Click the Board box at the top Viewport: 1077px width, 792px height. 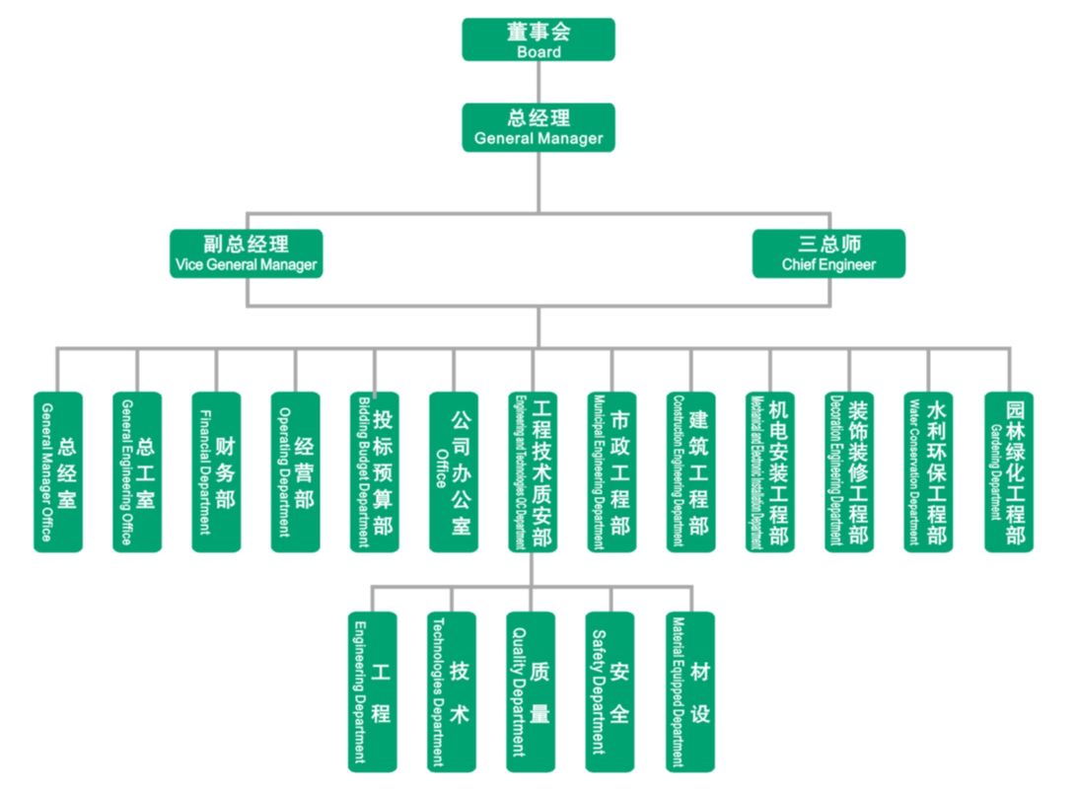pos(538,39)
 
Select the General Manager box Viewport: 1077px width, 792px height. pos(538,127)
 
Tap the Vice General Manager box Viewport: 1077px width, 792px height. pos(246,253)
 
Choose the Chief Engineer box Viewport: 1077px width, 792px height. pos(828,253)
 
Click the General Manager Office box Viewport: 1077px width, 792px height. pos(57,471)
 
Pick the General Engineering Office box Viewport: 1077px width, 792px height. pos(136,471)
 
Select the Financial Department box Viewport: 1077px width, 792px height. pos(216,471)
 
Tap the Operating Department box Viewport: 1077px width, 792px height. pos(295,471)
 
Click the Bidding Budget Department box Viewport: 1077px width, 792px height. pos(374,471)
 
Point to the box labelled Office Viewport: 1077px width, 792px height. pos(453,471)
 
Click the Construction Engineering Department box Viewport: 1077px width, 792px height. pos(690,471)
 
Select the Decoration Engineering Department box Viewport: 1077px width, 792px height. pos(849,471)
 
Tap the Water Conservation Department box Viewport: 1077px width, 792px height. pos(928,471)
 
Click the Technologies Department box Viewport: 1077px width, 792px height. pos(452,691)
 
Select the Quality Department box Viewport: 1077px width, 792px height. pos(531,691)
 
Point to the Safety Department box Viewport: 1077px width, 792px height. pos(610,691)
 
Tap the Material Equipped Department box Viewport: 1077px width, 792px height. pos(689,691)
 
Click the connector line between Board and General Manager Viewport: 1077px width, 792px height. pos(538,82)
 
